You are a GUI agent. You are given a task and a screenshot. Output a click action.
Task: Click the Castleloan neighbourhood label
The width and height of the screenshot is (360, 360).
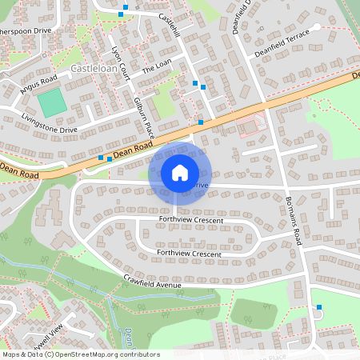pyautogui.click(x=95, y=70)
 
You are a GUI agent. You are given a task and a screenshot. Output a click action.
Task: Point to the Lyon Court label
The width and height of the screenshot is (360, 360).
pyautogui.click(x=120, y=58)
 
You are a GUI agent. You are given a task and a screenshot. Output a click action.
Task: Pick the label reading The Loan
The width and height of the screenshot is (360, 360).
pyautogui.click(x=158, y=70)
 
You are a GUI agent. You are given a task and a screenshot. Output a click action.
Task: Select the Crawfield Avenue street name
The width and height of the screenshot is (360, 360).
pyautogui.click(x=153, y=281)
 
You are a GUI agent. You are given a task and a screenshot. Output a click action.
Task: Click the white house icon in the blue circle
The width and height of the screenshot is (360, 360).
pyautogui.click(x=180, y=172)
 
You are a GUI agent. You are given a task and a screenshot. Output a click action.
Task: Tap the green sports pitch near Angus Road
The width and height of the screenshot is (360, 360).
pyautogui.click(x=52, y=103)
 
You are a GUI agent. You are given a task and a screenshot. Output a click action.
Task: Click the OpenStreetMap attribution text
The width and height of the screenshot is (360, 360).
pyautogui.click(x=80, y=354)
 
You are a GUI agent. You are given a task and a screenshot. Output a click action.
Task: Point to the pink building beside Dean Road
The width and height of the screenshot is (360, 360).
pyautogui.click(x=251, y=126)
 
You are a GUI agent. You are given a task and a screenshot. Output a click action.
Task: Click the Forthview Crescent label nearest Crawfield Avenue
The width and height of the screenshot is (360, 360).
pyautogui.click(x=189, y=254)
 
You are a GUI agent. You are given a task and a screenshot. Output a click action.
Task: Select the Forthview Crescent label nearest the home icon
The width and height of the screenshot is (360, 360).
pyautogui.click(x=190, y=219)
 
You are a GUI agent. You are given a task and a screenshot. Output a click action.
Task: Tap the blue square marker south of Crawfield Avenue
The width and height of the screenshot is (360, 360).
pyautogui.click(x=319, y=307)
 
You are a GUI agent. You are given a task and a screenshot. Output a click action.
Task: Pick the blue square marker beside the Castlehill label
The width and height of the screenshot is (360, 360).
pyautogui.click(x=122, y=13)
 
